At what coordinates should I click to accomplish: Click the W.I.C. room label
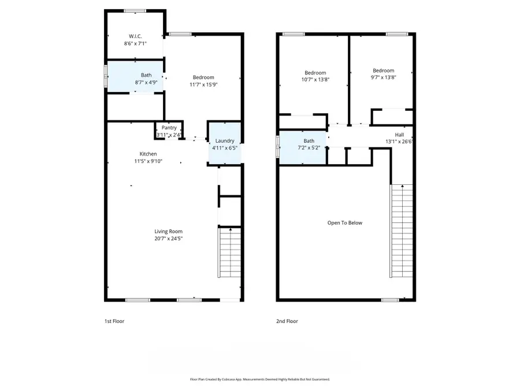click(136, 36)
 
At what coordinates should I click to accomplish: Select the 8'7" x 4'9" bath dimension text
click(146, 83)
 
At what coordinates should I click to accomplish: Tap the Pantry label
click(169, 128)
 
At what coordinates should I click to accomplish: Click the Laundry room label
click(225, 141)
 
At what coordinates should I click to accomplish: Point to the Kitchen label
click(148, 154)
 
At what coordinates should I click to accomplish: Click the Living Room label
click(168, 231)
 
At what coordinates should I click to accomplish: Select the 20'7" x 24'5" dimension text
click(168, 238)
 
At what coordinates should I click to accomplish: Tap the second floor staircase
click(402, 231)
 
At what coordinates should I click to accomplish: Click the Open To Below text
click(345, 222)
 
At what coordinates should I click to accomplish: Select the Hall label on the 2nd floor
click(399, 134)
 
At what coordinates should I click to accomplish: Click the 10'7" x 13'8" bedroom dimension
click(315, 79)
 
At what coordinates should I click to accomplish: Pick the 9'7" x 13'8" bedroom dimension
click(383, 77)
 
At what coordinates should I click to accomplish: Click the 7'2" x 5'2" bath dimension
click(309, 147)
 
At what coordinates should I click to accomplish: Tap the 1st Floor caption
click(114, 321)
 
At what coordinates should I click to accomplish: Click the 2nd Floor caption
click(287, 321)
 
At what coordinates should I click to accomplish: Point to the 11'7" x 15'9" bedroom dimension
click(203, 84)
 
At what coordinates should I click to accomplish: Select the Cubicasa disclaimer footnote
click(260, 380)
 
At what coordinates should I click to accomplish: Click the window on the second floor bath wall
click(277, 142)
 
